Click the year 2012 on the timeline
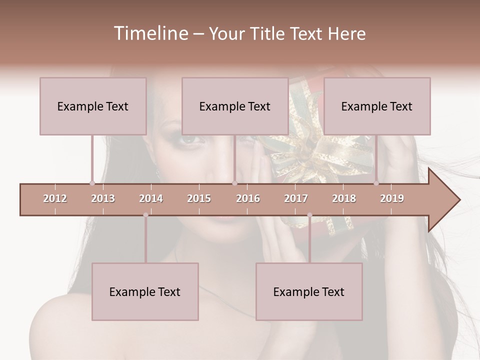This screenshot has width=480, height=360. (x=55, y=198)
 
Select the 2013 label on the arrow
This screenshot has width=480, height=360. (x=103, y=198)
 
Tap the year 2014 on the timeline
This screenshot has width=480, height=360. (x=151, y=198)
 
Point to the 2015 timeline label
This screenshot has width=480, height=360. (x=199, y=198)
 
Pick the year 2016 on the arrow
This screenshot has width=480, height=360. (x=248, y=198)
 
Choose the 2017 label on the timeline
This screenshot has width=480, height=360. (x=296, y=198)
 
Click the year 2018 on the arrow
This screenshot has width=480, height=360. (x=344, y=198)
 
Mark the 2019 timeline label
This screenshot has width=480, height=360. (x=392, y=198)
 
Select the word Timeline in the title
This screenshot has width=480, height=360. (x=150, y=33)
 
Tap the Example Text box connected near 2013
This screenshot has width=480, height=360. (x=93, y=106)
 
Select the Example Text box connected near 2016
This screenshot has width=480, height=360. (x=235, y=106)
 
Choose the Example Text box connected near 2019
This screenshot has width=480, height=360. (x=377, y=106)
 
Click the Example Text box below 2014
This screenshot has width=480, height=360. (x=145, y=291)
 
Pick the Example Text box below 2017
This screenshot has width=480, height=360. (x=309, y=291)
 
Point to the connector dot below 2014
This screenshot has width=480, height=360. (x=145, y=215)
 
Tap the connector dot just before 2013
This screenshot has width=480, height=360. (x=92, y=183)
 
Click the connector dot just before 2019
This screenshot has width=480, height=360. (x=376, y=183)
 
